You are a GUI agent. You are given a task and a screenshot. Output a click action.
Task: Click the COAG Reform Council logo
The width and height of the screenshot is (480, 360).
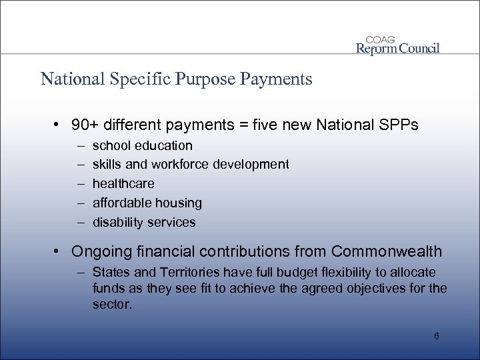398,43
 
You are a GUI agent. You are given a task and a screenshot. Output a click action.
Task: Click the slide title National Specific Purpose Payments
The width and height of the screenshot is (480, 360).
176,80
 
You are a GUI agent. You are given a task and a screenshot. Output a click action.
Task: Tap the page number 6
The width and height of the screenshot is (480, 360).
436,336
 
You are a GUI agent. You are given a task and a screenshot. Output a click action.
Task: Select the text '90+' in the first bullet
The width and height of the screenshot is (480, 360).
85,125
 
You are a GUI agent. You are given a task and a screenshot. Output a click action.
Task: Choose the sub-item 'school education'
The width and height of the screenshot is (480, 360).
143,145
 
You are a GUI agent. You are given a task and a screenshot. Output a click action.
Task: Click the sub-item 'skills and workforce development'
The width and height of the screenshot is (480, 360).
191,164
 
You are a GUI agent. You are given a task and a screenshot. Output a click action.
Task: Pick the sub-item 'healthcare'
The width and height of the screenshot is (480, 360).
123,183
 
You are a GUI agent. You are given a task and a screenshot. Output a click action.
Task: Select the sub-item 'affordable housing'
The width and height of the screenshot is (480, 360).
147,202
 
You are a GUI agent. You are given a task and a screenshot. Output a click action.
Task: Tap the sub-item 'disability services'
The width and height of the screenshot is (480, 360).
144,222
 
